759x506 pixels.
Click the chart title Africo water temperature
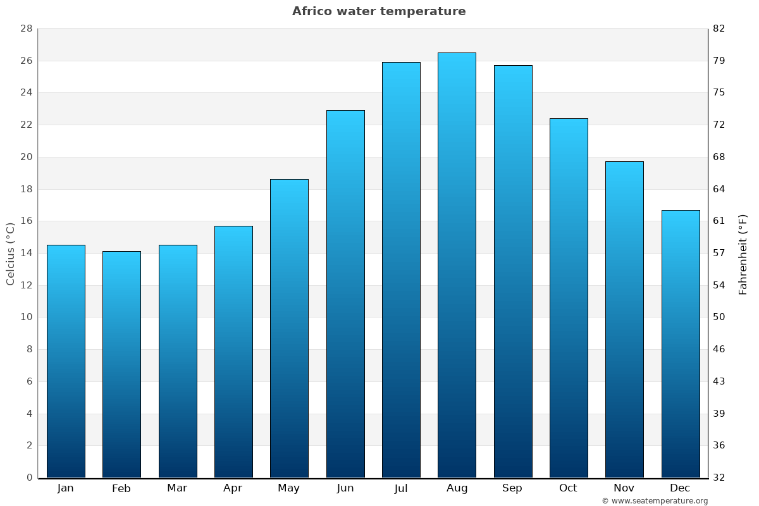pyautogui.click(x=379, y=11)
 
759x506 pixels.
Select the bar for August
pyautogui.click(x=457, y=265)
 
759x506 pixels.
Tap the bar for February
pyautogui.click(x=121, y=364)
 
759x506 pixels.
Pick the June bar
pyautogui.click(x=345, y=294)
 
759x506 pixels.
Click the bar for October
pyautogui.click(x=569, y=298)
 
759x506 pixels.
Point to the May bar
pyautogui.click(x=289, y=328)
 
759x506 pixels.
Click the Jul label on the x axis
pyautogui.click(x=401, y=488)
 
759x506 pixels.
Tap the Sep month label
pyautogui.click(x=512, y=488)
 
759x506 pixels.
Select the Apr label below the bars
pyautogui.click(x=233, y=488)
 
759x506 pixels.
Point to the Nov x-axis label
pyautogui.click(x=624, y=488)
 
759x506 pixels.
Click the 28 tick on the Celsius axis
pyautogui.click(x=26, y=29)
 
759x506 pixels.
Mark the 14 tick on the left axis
pyautogui.click(x=26, y=253)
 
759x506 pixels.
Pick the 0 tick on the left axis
pyautogui.click(x=29, y=478)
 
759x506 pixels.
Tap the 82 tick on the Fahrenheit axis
pyautogui.click(x=719, y=29)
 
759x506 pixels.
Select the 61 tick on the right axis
pyautogui.click(x=719, y=221)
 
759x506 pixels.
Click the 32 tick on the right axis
pyautogui.click(x=719, y=478)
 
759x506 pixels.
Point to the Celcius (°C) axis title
pyautogui.click(x=11, y=254)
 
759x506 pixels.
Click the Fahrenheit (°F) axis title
pyautogui.click(x=743, y=254)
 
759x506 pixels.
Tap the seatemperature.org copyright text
pyautogui.click(x=655, y=501)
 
